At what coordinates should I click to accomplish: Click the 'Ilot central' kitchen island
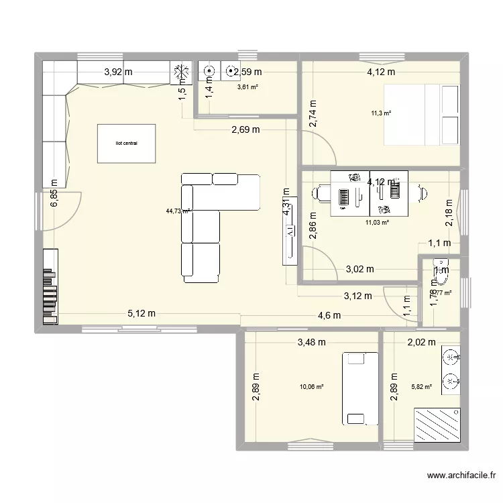(x=126, y=143)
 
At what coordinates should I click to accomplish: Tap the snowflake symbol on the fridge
(x=180, y=72)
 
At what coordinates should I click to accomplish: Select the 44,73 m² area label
(x=178, y=211)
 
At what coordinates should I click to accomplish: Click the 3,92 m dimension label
(x=118, y=72)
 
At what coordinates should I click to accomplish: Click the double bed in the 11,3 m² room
(x=421, y=115)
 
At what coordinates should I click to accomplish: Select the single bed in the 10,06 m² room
(x=353, y=388)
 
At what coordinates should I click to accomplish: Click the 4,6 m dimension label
(x=329, y=315)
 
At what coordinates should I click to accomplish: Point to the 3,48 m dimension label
(x=311, y=342)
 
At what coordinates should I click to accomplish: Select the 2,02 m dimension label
(x=421, y=342)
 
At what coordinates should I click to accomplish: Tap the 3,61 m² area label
(x=247, y=87)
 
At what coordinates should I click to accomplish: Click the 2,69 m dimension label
(x=245, y=130)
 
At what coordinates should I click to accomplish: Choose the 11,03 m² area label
(x=377, y=222)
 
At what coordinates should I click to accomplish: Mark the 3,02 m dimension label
(x=359, y=270)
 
